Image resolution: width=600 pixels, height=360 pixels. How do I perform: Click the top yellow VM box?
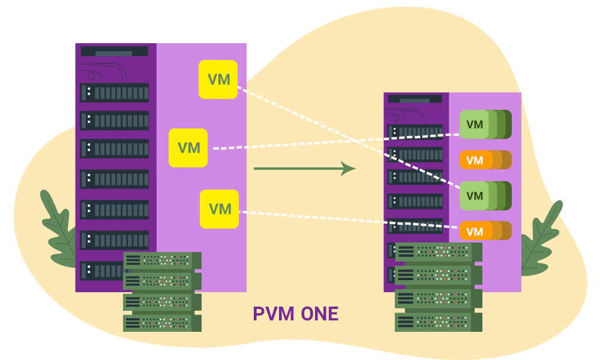[218, 79]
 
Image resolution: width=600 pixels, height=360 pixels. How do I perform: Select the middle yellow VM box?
[188, 148]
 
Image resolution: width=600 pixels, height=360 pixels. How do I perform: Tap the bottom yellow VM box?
[220, 209]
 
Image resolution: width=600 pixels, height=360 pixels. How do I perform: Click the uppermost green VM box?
[475, 125]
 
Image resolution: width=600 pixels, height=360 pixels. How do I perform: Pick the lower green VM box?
[475, 196]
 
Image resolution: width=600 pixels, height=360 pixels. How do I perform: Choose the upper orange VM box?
[475, 160]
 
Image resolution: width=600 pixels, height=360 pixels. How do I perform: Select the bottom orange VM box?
[475, 232]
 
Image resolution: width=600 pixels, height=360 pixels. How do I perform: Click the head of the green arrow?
[349, 169]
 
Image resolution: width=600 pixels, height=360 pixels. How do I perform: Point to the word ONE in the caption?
[320, 314]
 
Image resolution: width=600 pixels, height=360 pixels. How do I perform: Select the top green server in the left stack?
[162, 260]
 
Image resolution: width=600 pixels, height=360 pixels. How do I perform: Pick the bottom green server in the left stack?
[162, 323]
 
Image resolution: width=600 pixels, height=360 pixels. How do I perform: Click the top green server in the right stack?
[439, 252]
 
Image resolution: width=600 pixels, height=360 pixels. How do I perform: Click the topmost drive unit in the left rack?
[115, 92]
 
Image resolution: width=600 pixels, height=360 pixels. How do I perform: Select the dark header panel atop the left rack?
[114, 52]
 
